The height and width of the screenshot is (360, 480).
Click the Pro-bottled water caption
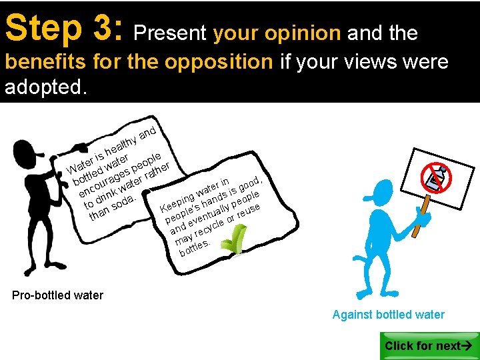(x=57, y=295)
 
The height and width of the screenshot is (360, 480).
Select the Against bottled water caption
(x=388, y=315)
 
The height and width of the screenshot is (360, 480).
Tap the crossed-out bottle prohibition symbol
(x=437, y=177)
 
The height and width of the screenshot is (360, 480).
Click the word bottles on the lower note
(x=195, y=248)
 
